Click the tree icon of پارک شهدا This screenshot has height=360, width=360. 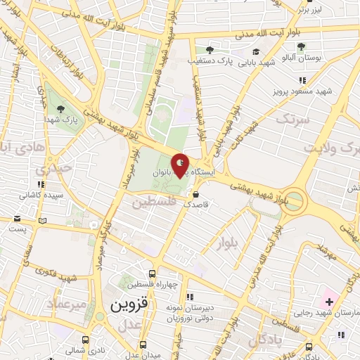pyautogui.click(x=60, y=109)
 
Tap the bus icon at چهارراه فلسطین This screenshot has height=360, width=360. pyautogui.click(x=153, y=274)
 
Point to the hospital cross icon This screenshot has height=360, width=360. pyautogui.click(x=329, y=302)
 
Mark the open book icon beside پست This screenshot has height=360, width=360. pyautogui.click(x=43, y=221)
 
